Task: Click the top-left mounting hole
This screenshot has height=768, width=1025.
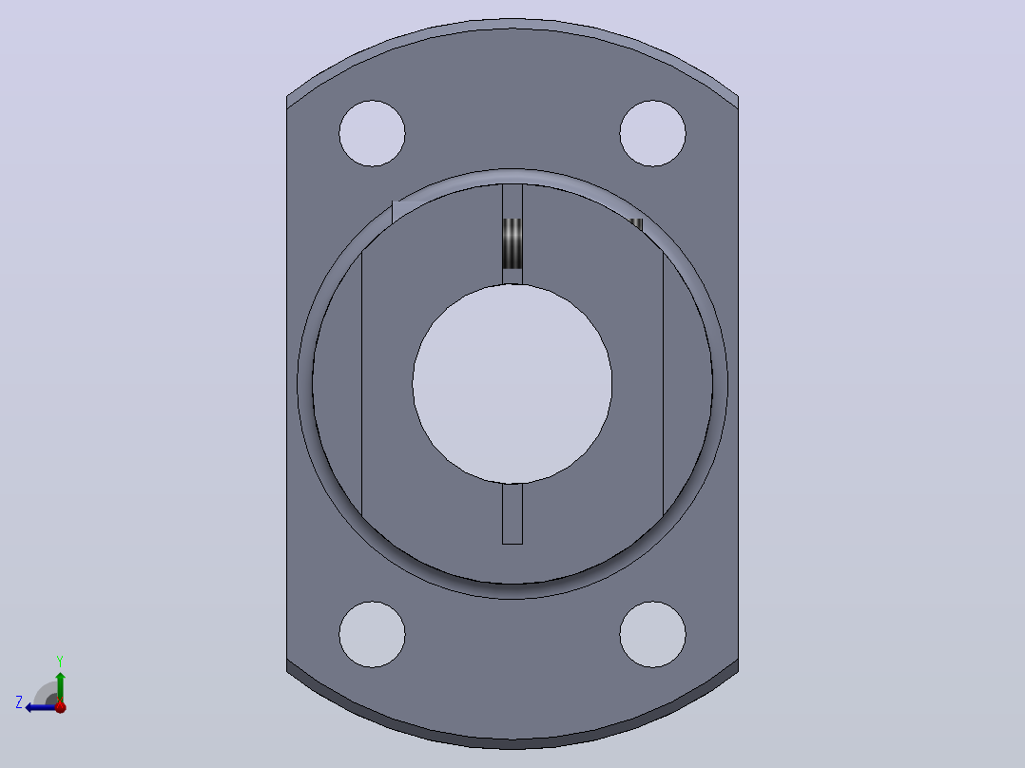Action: [x=372, y=133]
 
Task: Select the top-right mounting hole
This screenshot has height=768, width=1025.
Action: [x=652, y=133]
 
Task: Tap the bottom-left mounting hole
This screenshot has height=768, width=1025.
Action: [x=372, y=634]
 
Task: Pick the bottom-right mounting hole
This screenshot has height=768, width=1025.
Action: [x=652, y=634]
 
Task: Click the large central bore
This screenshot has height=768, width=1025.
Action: [x=512, y=384]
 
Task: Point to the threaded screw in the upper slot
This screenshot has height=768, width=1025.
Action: [x=512, y=243]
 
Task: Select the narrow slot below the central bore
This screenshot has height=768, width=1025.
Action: [x=512, y=514]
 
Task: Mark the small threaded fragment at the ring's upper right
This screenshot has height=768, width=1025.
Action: [x=635, y=226]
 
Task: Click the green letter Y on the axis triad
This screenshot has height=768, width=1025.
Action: [x=60, y=662]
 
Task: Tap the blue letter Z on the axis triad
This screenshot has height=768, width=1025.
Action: [x=19, y=702]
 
